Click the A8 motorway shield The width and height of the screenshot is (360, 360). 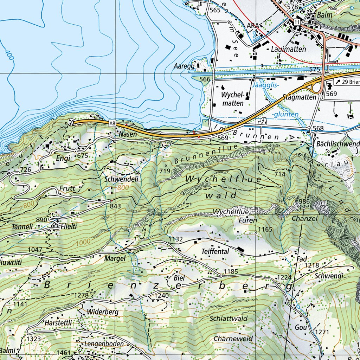pyautogui.click(x=112, y=123)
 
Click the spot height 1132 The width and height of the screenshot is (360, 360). pyautogui.click(x=176, y=239)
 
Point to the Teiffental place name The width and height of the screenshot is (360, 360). pyautogui.click(x=215, y=252)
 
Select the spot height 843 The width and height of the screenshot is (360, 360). pyautogui.click(x=115, y=206)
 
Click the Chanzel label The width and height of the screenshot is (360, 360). pyautogui.click(x=304, y=219)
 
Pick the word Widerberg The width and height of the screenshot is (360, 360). pyautogui.click(x=103, y=312)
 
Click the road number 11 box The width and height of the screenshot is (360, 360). pyautogui.click(x=298, y=22)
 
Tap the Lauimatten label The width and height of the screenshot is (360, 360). pyautogui.click(x=288, y=50)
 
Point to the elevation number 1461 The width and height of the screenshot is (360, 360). pyautogui.click(x=63, y=352)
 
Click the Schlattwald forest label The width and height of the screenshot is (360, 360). pyautogui.click(x=229, y=319)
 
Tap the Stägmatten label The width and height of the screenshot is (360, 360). pyautogui.click(x=299, y=97)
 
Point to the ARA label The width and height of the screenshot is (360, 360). pyautogui.click(x=252, y=26)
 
